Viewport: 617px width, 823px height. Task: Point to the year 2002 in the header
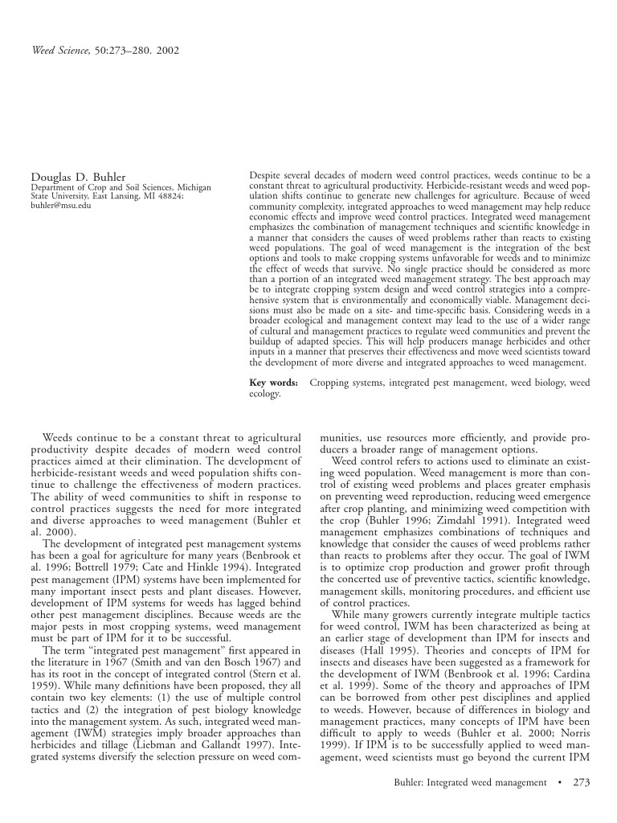(x=166, y=50)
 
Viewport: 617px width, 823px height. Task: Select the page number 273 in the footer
(x=582, y=782)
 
